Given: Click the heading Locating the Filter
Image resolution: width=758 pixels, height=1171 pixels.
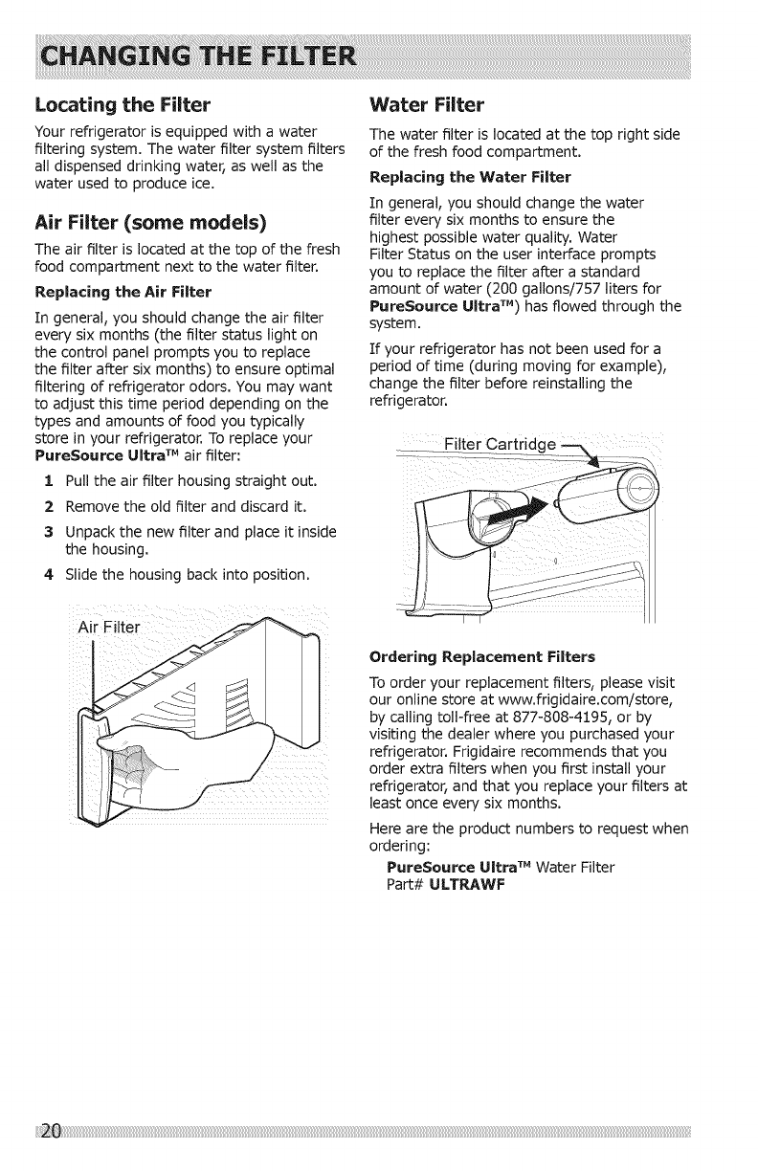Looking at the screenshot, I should (121, 102).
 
